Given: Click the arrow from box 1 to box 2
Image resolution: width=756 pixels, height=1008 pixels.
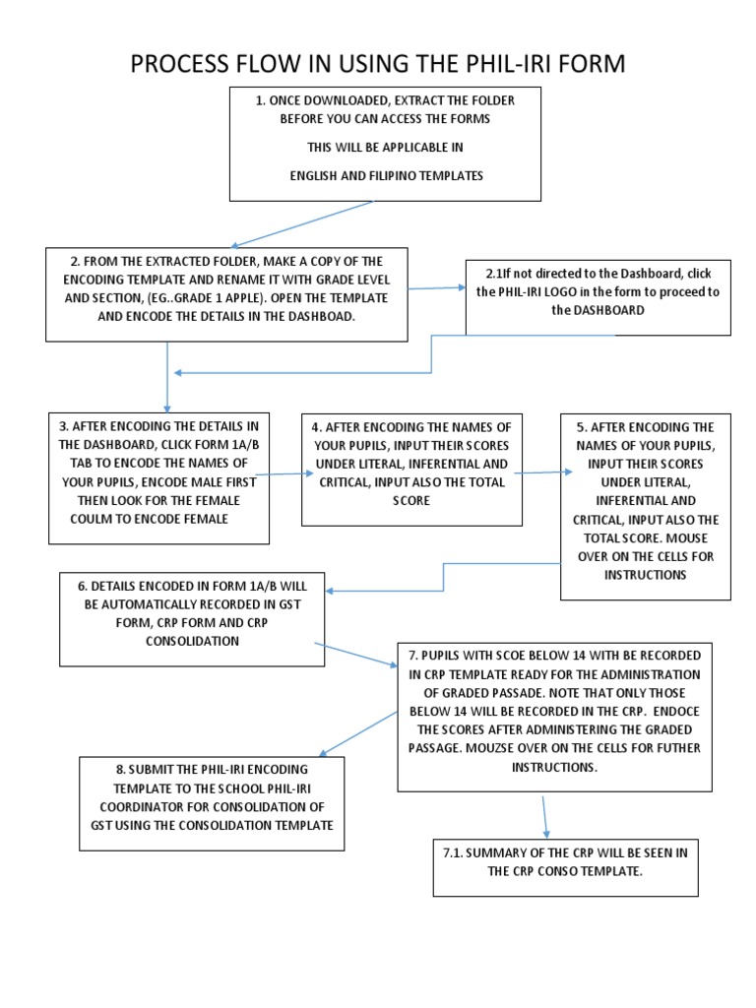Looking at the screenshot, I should pyautogui.click(x=300, y=224).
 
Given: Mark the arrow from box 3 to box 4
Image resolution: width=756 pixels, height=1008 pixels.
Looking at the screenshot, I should pyautogui.click(x=284, y=473).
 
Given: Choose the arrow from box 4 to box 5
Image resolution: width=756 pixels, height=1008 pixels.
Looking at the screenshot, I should pyautogui.click(x=541, y=472).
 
